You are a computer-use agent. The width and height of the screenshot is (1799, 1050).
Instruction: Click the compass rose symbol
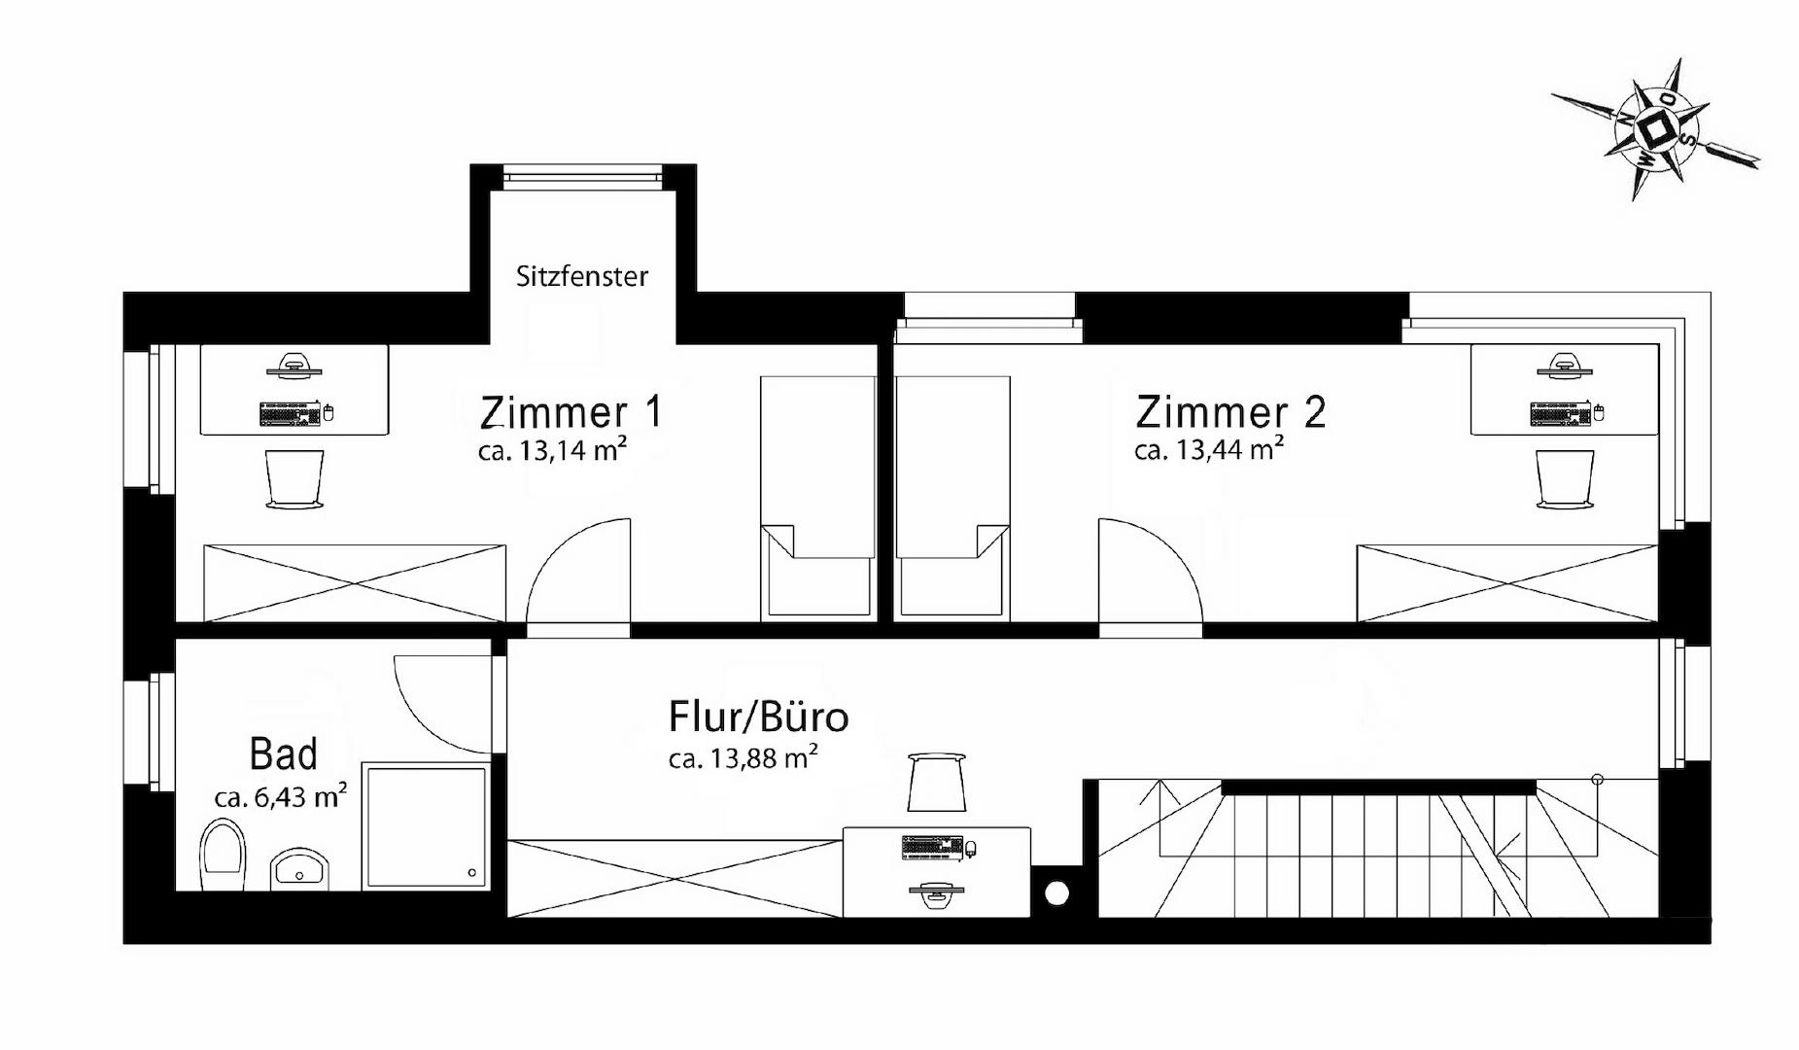pyautogui.click(x=1656, y=129)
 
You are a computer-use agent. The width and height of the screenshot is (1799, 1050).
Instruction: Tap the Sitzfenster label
pyautogui.click(x=581, y=276)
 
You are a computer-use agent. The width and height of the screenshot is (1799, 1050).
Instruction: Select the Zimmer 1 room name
pyautogui.click(x=571, y=412)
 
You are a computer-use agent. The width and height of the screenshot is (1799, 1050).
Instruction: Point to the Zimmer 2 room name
pyautogui.click(x=1230, y=412)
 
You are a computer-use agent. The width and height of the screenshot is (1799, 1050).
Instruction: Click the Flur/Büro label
pyautogui.click(x=759, y=717)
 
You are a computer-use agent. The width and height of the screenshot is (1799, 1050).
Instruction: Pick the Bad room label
pyautogui.click(x=283, y=754)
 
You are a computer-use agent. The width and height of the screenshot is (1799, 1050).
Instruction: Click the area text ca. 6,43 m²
pyautogui.click(x=281, y=797)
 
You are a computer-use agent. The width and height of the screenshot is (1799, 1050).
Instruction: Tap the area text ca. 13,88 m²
pyautogui.click(x=743, y=757)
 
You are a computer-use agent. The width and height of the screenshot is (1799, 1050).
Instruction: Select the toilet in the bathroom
pyautogui.click(x=223, y=855)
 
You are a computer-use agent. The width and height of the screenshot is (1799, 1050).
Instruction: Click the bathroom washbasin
pyautogui.click(x=299, y=869)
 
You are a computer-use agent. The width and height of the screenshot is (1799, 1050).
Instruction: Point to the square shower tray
pyautogui.click(x=426, y=826)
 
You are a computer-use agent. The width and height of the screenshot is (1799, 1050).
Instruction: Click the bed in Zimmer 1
pyautogui.click(x=817, y=496)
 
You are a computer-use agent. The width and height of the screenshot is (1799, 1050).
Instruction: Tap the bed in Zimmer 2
pyautogui.click(x=952, y=496)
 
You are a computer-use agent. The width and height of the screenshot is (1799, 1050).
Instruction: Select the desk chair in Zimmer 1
pyautogui.click(x=294, y=478)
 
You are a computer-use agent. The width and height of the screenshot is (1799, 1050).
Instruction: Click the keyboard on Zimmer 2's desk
pyautogui.click(x=1561, y=413)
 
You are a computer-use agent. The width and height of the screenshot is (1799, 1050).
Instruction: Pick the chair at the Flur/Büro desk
pyautogui.click(x=936, y=782)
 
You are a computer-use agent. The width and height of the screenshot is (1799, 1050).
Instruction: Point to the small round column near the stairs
pyautogui.click(x=1056, y=892)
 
